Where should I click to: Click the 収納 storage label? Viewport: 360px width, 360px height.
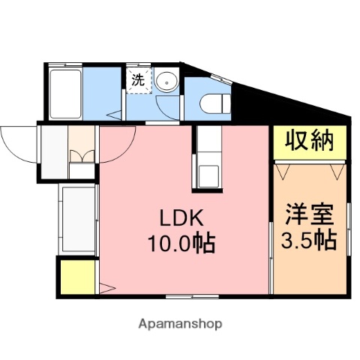coord(309,142)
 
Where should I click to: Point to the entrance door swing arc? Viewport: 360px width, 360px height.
coord(16,142)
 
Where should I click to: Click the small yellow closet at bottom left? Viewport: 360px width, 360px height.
coord(76,277)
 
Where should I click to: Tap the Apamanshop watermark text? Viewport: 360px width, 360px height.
coord(180,324)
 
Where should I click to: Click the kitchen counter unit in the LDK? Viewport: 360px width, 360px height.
coord(208,157)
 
